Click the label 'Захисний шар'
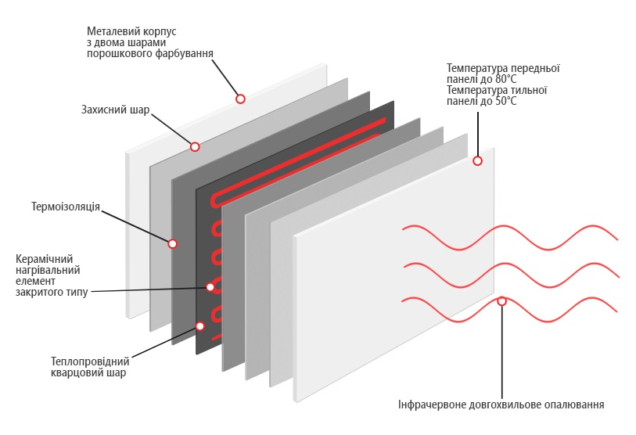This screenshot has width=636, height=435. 115,110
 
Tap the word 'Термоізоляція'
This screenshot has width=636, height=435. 66,207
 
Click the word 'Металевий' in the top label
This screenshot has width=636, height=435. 110,31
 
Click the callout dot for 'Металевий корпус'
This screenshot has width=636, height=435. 240,99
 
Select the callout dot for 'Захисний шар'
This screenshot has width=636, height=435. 195,146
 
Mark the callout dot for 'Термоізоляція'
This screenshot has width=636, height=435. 172,243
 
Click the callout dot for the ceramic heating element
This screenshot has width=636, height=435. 210,287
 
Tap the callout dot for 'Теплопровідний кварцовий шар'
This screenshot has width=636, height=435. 200,326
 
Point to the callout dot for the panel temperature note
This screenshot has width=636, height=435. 477,160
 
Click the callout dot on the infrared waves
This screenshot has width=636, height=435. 501,301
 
